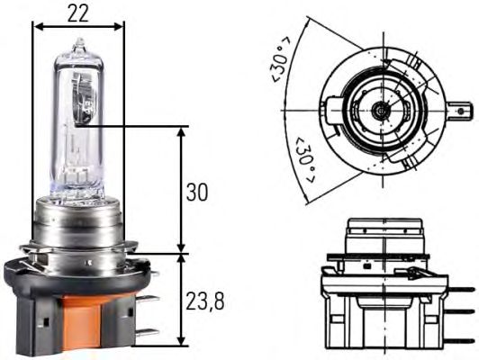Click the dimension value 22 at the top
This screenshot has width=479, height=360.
click(78, 13)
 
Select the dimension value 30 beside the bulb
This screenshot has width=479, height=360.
click(196, 192)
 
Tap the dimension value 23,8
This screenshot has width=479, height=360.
click(205, 301)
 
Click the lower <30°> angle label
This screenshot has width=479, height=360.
click(304, 160)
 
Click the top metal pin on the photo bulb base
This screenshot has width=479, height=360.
click(149, 298)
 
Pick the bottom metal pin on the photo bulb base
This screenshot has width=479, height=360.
click(149, 333)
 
